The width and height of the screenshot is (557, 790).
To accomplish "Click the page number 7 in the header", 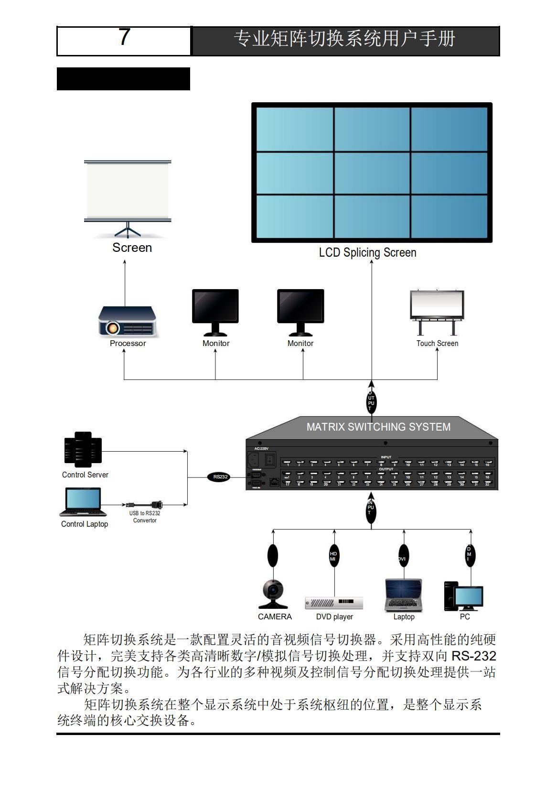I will click(124, 37).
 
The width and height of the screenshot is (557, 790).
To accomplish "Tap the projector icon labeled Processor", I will click(127, 321).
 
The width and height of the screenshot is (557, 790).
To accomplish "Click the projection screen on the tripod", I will click(128, 191).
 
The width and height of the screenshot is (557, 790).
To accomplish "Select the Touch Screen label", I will click(437, 343).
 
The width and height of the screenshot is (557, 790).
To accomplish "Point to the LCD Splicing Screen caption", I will click(367, 252).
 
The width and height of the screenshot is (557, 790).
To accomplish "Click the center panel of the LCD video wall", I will click(372, 173).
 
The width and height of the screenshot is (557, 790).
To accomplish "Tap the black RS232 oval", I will click(221, 476).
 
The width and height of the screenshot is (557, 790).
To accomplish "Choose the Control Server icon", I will click(83, 450).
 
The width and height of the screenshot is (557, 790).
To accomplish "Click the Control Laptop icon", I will click(81, 502).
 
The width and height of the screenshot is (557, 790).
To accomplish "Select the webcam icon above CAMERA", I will click(273, 594).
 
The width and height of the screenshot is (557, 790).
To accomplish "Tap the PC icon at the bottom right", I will click(463, 596).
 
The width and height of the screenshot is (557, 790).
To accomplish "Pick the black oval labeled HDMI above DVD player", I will click(333, 556).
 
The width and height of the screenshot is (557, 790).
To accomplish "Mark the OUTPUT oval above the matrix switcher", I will click(371, 401).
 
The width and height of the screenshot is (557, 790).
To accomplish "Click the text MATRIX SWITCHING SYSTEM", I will click(378, 427).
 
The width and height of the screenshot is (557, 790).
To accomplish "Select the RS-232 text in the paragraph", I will click(473, 656).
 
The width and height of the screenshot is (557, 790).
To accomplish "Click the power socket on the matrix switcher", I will click(254, 460).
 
